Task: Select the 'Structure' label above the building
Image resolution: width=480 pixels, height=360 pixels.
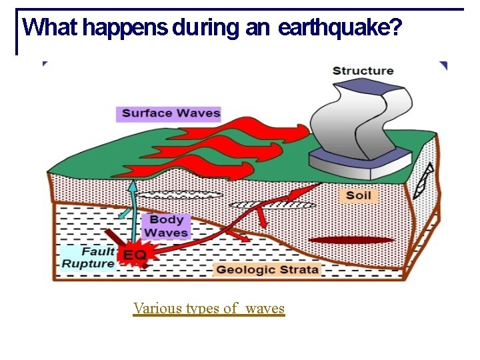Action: click(363, 71)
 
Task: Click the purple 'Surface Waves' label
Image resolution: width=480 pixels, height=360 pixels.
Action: click(171, 113)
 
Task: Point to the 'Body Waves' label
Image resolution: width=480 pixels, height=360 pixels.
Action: click(166, 226)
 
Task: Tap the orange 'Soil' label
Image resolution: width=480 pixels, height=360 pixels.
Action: click(358, 195)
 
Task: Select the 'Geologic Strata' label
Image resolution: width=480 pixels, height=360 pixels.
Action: click(267, 269)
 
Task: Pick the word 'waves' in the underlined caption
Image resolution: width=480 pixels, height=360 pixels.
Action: click(265, 308)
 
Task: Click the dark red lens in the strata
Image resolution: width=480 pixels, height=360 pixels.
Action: click(351, 240)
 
